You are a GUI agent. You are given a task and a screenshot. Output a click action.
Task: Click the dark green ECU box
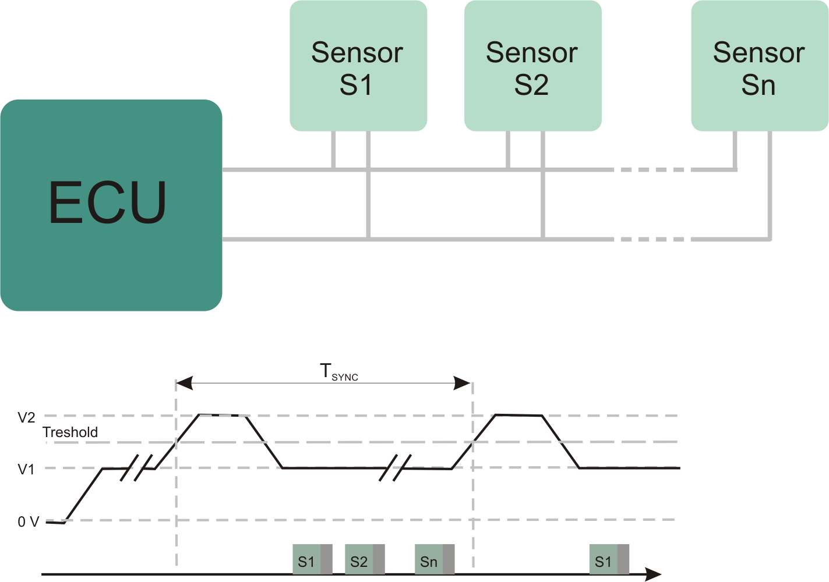coord(111,205)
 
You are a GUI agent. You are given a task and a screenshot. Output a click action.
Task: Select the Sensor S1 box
coord(358,66)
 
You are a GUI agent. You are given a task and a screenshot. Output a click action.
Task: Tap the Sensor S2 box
coord(532,66)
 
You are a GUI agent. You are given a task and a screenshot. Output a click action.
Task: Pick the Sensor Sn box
coord(760,66)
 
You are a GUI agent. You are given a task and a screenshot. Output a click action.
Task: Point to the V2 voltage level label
coord(26,417)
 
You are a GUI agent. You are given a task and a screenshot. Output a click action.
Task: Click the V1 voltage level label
coord(26,469)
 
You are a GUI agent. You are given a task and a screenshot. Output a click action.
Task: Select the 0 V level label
coord(28,521)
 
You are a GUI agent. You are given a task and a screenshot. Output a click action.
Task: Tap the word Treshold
coord(70,432)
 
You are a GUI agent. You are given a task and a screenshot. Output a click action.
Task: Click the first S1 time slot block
coord(312,560)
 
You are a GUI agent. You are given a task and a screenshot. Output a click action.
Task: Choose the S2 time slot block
coord(365,560)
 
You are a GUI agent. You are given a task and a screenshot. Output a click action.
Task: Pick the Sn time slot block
coord(435,560)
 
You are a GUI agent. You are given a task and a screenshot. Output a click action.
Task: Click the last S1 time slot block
coord(609,560)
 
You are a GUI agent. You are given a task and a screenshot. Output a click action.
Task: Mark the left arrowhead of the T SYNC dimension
coord(184,383)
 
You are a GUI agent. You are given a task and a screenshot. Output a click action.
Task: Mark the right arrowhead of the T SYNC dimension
coord(463,383)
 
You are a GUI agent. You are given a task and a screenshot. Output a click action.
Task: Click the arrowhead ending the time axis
coord(654,574)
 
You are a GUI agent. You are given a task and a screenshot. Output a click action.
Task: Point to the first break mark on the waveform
coord(136,468)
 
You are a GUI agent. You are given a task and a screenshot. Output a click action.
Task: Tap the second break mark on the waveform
coord(395,468)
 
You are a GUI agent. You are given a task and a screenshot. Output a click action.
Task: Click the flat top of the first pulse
coord(222,415)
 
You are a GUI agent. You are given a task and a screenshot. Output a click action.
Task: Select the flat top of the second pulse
coord(518,415)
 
